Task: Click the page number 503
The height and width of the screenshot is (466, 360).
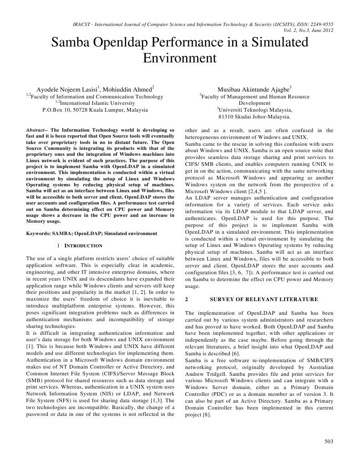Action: pos(328,441)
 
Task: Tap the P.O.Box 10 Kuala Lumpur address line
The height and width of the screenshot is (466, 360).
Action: pos(95,110)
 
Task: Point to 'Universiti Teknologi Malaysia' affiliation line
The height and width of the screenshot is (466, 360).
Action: pos(254,110)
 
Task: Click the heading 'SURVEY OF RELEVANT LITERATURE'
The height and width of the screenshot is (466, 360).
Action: pos(264,299)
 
